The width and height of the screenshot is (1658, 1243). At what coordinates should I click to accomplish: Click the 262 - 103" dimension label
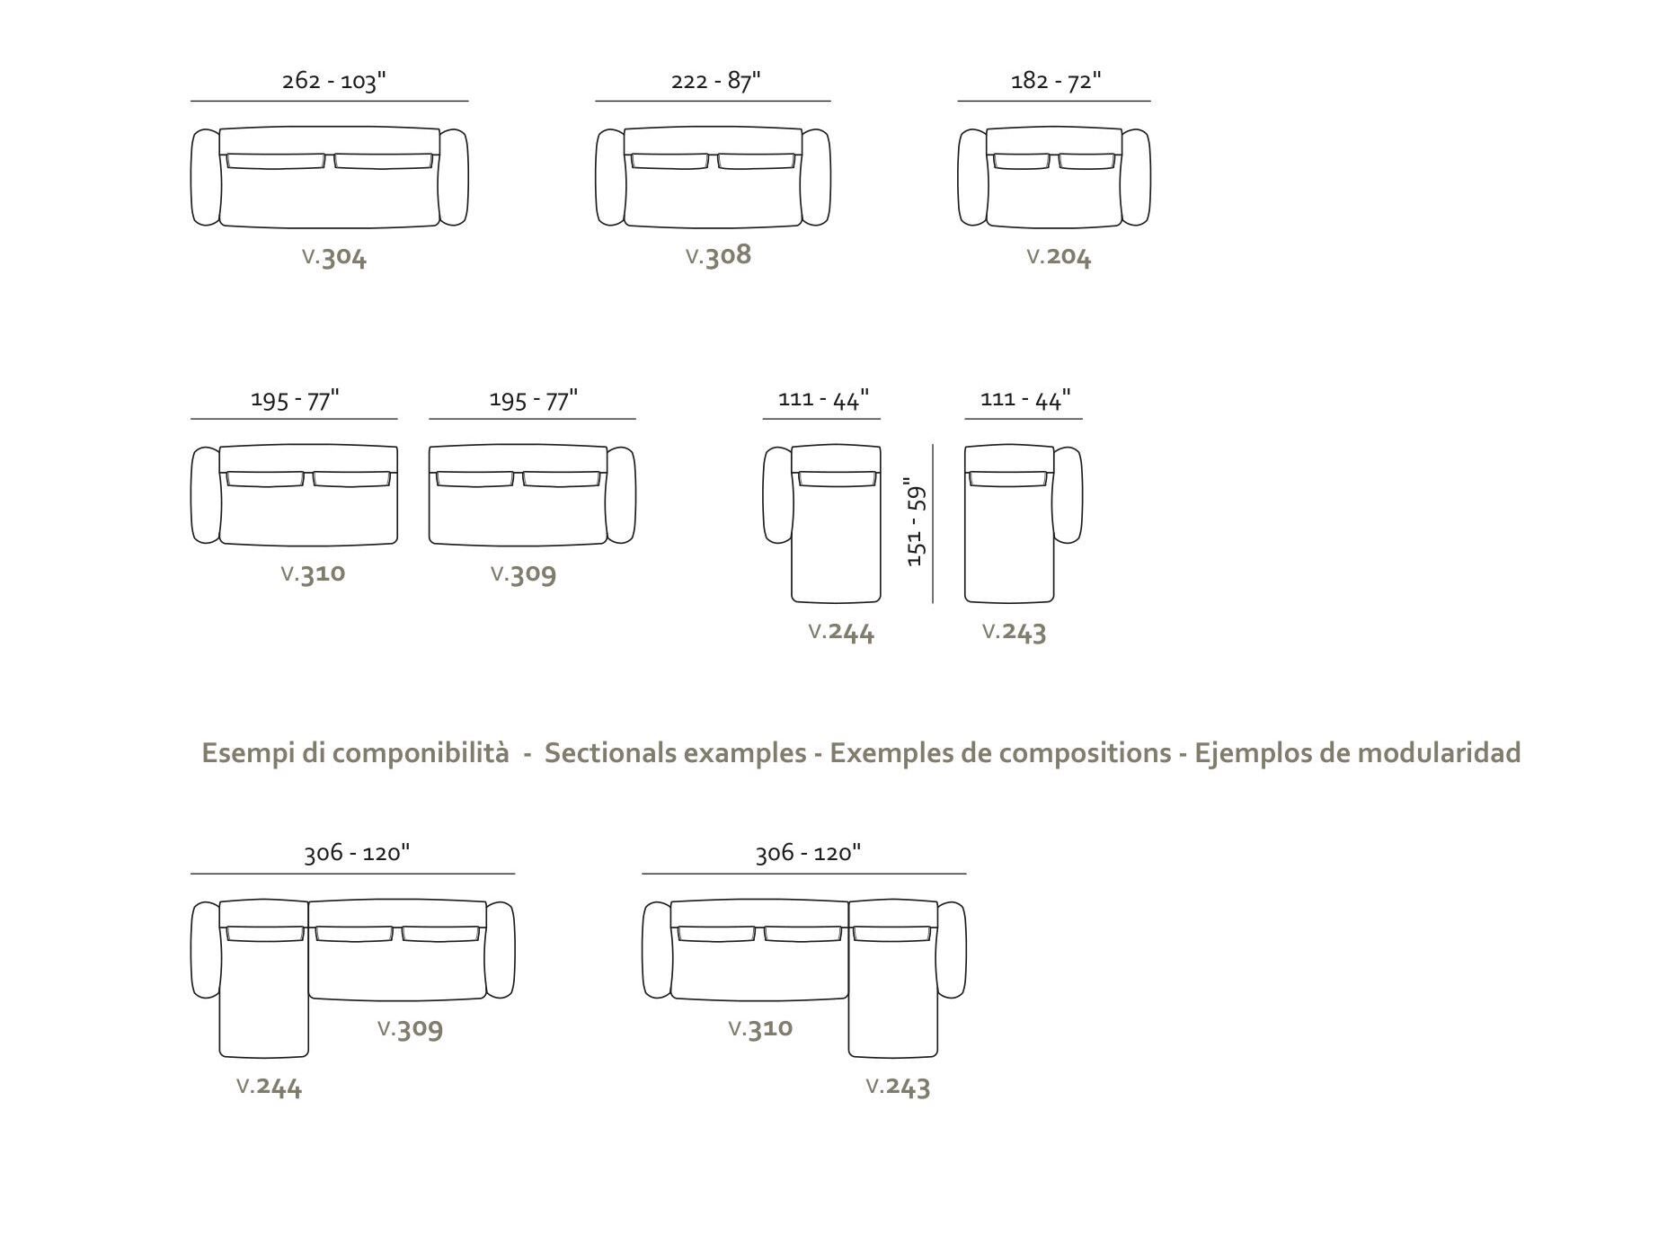coord(333,81)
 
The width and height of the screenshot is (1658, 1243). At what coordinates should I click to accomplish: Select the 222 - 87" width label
coord(715,81)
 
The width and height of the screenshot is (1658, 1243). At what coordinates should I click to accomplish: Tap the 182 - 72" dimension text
coord(1056,81)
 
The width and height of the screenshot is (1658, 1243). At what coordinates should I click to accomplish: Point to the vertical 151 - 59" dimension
coord(916,522)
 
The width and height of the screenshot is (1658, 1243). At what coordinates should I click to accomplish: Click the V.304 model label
coord(334,258)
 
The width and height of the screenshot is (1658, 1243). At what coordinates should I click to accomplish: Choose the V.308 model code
coord(718,255)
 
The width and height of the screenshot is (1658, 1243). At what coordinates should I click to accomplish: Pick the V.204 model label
coord(1059,258)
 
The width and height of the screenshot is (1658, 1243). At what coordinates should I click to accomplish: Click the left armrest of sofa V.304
coord(206,177)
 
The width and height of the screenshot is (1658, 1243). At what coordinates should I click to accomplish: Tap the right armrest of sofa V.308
coord(816,177)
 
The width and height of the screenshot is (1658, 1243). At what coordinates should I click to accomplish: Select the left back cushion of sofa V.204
coord(1021,162)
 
